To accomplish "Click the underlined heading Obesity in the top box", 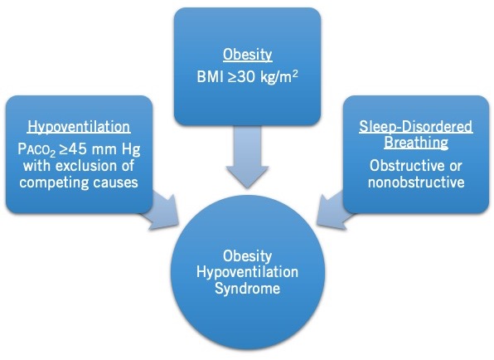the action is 247,55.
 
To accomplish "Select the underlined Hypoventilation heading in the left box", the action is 79,128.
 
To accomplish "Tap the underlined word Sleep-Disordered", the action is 416,127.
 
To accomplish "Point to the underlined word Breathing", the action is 416,143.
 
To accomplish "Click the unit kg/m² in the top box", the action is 279,76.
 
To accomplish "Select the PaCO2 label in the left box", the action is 36,150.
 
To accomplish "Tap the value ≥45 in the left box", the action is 73,148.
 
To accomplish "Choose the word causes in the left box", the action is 115,182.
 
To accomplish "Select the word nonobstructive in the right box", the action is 416,182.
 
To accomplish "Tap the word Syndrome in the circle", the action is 247,289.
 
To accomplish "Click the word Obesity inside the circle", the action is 247,256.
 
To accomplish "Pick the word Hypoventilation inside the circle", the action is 247,272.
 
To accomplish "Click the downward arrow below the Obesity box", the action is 247,157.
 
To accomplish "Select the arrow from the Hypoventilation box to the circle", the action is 161,212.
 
